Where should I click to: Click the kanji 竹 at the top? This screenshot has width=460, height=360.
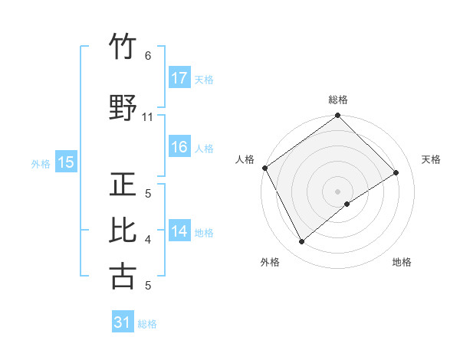point(123,48)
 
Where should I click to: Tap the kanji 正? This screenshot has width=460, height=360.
point(123,186)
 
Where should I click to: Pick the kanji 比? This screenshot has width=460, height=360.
point(123,231)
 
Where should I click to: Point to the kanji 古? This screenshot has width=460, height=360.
point(123,276)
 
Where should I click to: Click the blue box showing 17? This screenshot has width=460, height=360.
point(179,77)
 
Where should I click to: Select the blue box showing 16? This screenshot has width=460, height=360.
point(179,147)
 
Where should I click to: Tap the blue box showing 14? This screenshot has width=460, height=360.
point(179,231)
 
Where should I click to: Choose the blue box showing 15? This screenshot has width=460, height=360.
point(66,162)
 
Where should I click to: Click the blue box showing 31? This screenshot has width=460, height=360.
point(123,322)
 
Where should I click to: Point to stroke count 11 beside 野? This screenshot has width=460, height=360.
point(147,116)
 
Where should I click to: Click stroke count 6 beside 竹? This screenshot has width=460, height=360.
point(147,56)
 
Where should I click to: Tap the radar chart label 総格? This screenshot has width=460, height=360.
point(338,100)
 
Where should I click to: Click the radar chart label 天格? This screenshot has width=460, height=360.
point(432,159)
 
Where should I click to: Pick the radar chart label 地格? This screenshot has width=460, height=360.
point(402,262)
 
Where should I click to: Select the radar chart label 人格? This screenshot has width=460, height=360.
point(245,159)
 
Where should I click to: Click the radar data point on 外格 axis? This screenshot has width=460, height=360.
point(302,242)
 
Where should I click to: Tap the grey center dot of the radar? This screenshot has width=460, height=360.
point(337,191)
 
